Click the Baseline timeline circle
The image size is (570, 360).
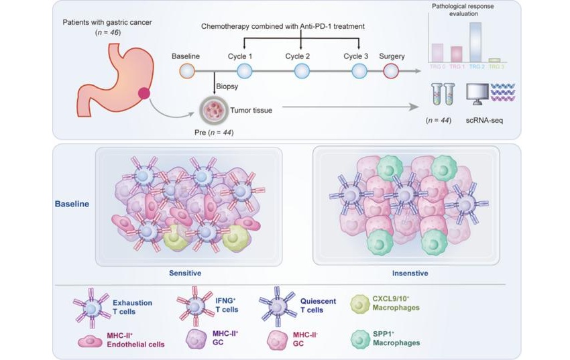pyautogui.click(x=185, y=72)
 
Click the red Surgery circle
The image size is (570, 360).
pyautogui.click(x=391, y=72)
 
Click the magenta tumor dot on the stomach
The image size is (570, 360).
pyautogui.click(x=144, y=94)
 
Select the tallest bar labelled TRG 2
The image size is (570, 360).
pyautogui.click(x=475, y=42)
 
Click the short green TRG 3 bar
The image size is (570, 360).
pyautogui.click(x=494, y=60)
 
